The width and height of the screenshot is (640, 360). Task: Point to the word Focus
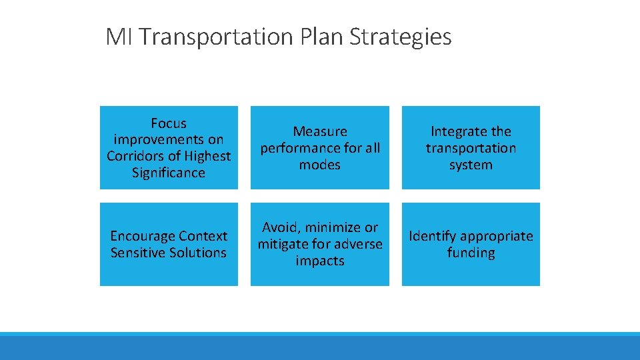click(169, 123)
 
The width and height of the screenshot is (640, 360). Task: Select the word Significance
click(169, 173)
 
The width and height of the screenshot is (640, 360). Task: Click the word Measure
click(320, 131)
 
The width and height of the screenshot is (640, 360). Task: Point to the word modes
click(320, 165)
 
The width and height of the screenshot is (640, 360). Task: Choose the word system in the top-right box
click(471, 165)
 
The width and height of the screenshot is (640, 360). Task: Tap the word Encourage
click(139, 236)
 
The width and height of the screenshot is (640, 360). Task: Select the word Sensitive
click(138, 253)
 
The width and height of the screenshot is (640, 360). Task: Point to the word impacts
click(320, 261)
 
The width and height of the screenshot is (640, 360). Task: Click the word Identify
click(433, 236)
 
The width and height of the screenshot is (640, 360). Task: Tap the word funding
click(471, 253)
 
